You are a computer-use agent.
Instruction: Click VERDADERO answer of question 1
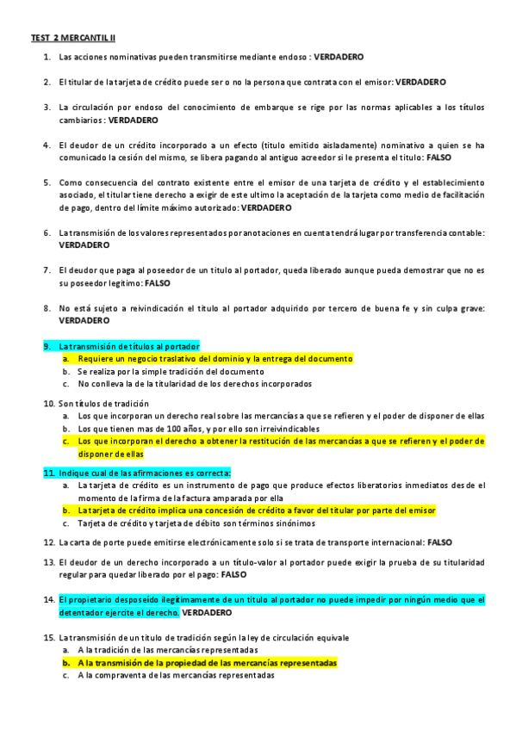tap(339, 57)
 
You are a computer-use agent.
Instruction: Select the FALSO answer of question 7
tap(157, 282)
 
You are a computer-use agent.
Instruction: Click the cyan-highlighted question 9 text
tap(128, 345)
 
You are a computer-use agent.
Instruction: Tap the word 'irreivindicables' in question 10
tap(289, 428)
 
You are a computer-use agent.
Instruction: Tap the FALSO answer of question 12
tap(439, 542)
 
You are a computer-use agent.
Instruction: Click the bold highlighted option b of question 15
tap(207, 663)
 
